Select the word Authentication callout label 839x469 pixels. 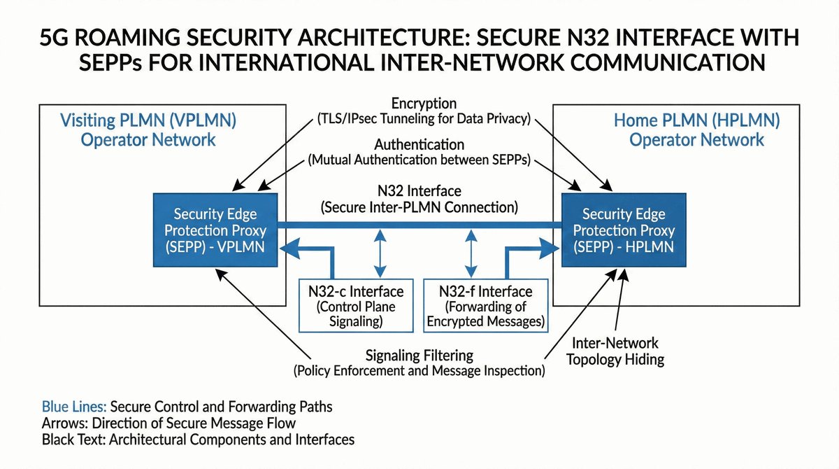coord(419,145)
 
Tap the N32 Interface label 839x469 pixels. coord(419,190)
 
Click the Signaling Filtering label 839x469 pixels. coord(419,356)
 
